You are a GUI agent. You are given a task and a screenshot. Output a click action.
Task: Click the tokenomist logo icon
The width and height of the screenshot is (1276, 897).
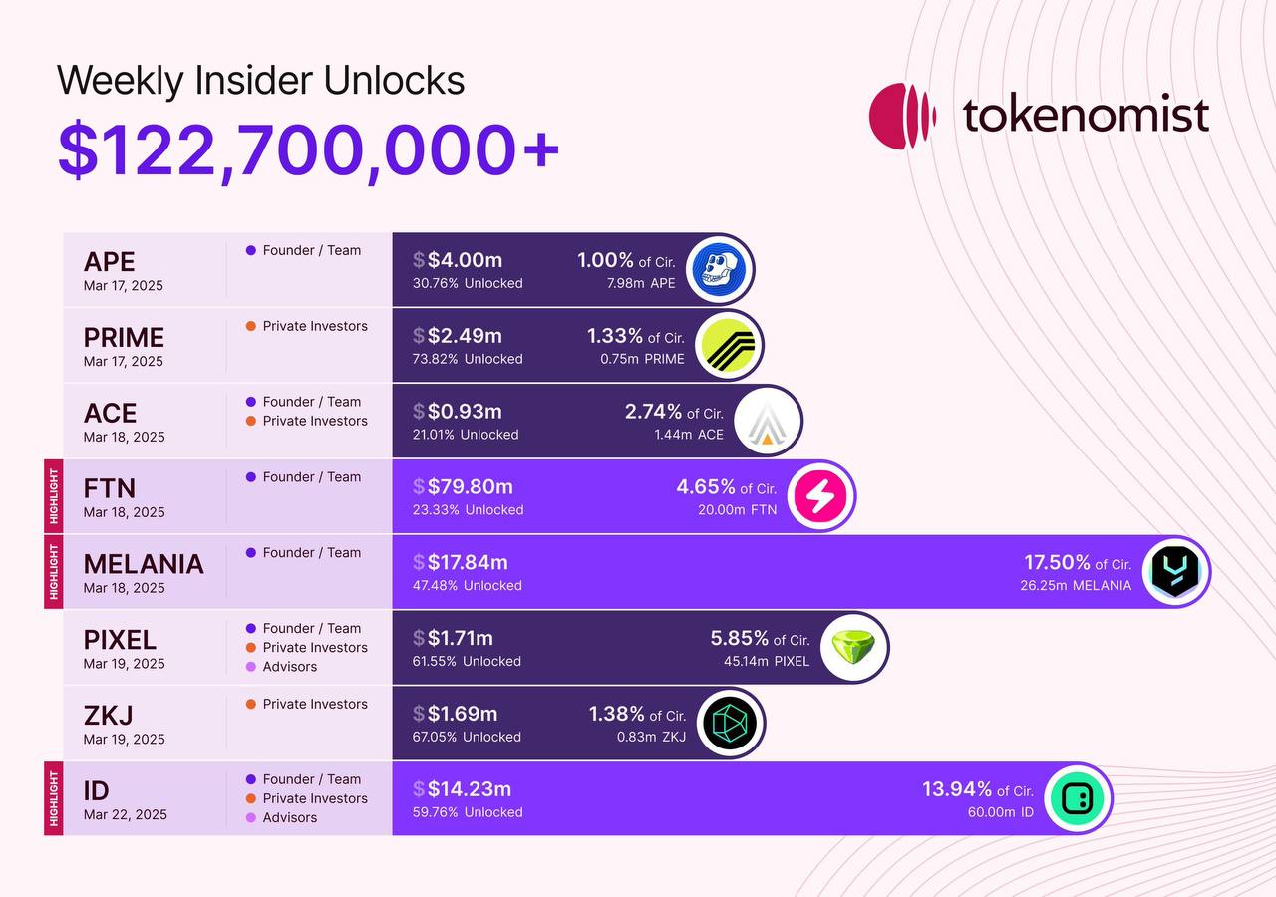tap(902, 116)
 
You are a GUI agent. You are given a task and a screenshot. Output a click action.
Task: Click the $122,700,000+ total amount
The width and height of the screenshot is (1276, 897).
tap(308, 149)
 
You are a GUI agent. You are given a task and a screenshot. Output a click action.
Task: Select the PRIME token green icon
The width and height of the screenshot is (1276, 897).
tap(729, 345)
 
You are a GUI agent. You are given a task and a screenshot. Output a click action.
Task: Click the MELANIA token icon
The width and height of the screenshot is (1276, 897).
tap(1175, 572)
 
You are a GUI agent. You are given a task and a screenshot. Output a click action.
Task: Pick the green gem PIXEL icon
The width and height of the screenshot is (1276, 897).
tap(853, 647)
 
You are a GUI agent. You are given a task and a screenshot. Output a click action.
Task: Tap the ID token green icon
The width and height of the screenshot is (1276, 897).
tap(1078, 798)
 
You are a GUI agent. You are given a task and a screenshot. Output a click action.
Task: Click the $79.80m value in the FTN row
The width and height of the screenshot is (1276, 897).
tap(470, 486)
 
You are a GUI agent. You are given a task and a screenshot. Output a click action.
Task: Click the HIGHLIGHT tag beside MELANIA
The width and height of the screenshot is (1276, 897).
tap(53, 571)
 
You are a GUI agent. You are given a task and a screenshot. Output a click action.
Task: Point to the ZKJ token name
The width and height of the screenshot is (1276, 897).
tap(108, 716)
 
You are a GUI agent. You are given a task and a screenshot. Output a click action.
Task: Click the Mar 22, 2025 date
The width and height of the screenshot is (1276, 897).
tap(125, 814)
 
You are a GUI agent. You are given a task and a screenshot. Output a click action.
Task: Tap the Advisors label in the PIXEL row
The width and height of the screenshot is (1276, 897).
tap(289, 667)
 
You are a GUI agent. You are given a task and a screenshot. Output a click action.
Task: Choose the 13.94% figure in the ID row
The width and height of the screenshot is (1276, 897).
tap(957, 789)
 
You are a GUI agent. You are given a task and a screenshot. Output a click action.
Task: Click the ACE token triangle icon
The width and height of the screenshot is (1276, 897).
tap(768, 421)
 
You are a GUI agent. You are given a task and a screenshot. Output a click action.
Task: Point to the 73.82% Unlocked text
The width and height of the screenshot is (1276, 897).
tap(468, 359)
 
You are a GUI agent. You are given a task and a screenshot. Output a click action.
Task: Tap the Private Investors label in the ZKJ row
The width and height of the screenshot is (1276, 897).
tap(315, 704)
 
